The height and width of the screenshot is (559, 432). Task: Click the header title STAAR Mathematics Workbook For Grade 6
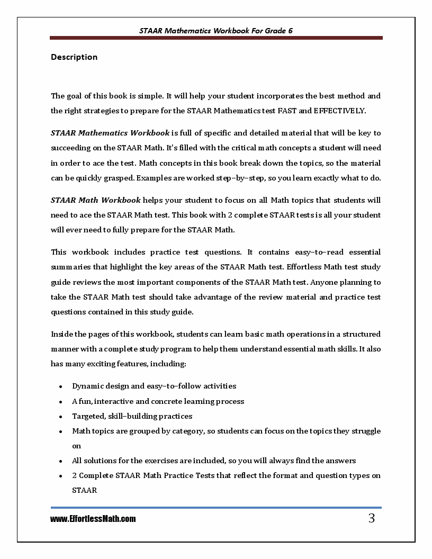tap(216, 31)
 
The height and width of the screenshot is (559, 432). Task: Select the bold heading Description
tap(74, 57)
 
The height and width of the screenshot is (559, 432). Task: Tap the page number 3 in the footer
tap(371, 519)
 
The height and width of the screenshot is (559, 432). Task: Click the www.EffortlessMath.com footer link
tap(93, 519)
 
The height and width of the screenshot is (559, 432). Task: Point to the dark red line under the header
tap(216, 38)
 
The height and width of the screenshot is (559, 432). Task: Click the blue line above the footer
tap(216, 508)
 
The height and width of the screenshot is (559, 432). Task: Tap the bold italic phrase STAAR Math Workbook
tap(96, 200)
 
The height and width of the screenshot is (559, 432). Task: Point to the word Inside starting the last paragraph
tap(62, 334)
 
